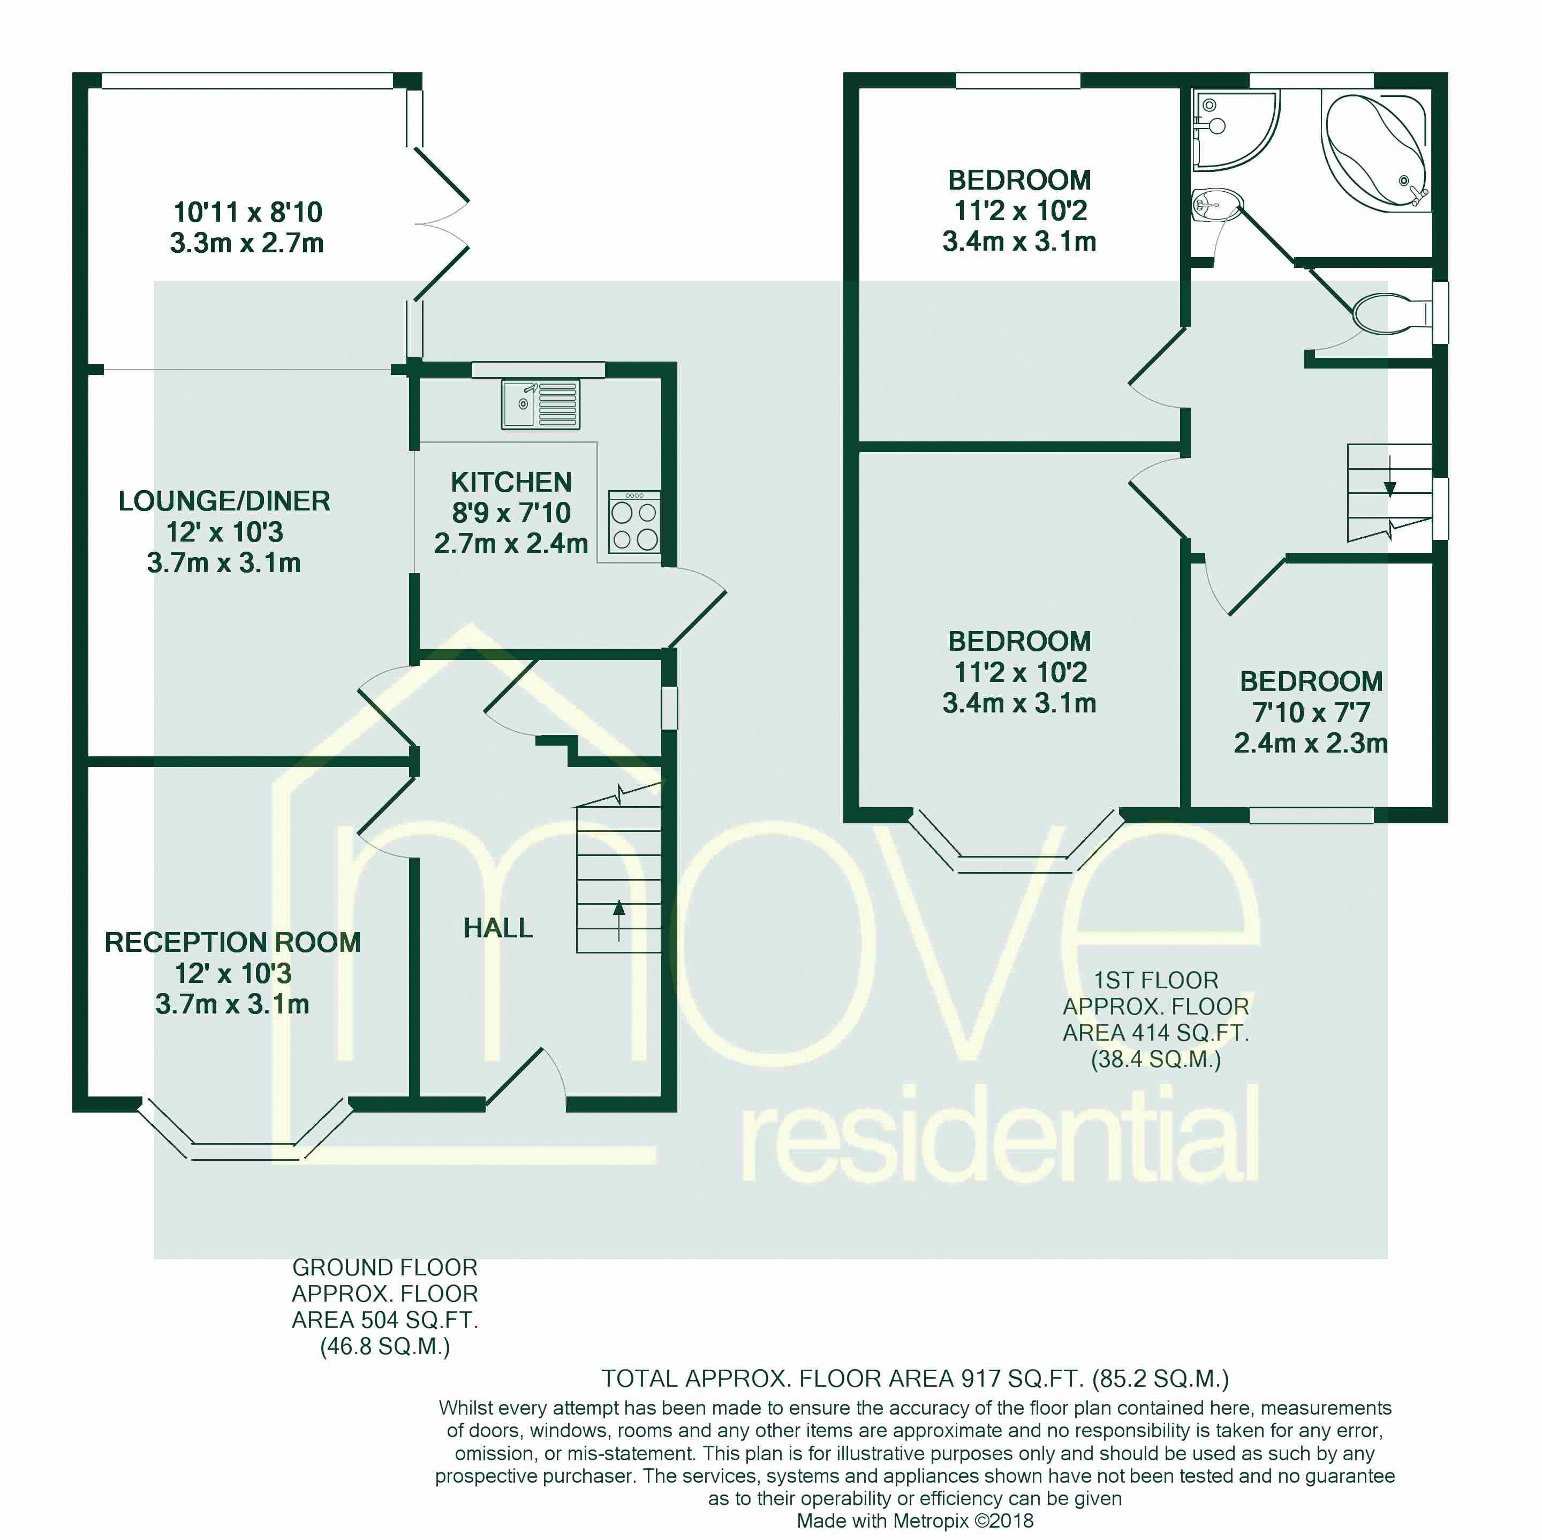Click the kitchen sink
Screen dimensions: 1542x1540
540,404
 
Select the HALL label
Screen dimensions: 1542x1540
498,928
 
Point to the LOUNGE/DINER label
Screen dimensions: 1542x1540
224,501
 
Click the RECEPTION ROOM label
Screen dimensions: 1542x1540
232,942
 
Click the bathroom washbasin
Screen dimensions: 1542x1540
1215,205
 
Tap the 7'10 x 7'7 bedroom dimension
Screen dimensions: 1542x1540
1311,712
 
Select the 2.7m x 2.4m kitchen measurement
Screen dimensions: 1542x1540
511,544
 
